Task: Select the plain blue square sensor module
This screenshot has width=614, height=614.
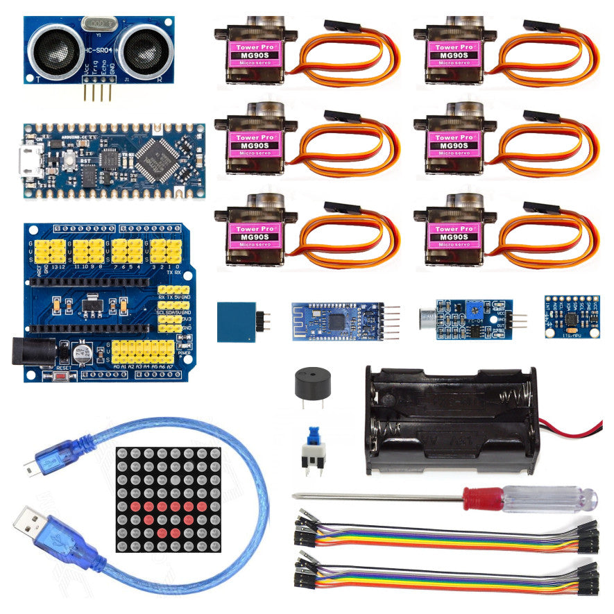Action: tap(236, 321)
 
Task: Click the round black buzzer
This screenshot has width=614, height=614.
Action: tap(309, 383)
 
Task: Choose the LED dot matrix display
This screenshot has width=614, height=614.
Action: tap(167, 499)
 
